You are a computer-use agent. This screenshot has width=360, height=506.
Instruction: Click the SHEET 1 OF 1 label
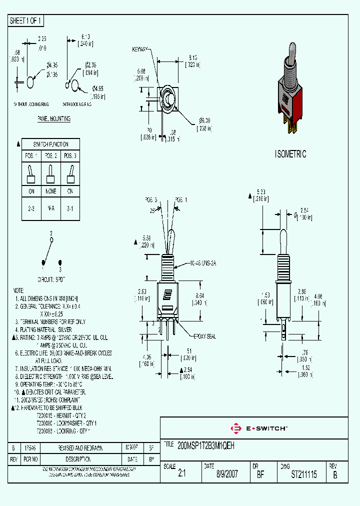click(26, 20)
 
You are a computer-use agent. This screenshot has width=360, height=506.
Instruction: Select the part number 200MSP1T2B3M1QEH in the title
click(206, 444)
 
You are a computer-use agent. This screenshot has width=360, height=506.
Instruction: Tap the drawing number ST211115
click(303, 475)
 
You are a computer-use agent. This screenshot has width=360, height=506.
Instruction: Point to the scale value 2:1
click(181, 475)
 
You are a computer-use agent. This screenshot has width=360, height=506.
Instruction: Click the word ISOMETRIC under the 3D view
click(290, 154)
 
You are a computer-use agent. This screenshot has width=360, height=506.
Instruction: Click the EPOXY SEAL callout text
click(204, 336)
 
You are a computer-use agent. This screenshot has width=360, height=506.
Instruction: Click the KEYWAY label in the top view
click(139, 49)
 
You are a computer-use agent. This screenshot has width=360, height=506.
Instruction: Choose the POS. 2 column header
click(50, 155)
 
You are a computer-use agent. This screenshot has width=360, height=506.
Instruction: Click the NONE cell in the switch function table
click(50, 191)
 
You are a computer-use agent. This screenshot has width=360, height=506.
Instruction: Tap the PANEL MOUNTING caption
click(54, 119)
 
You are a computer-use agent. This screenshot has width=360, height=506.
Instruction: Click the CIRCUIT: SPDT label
click(51, 278)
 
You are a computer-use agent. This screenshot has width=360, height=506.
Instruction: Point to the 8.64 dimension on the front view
click(198, 295)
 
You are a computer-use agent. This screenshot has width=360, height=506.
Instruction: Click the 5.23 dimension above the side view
click(260, 192)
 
